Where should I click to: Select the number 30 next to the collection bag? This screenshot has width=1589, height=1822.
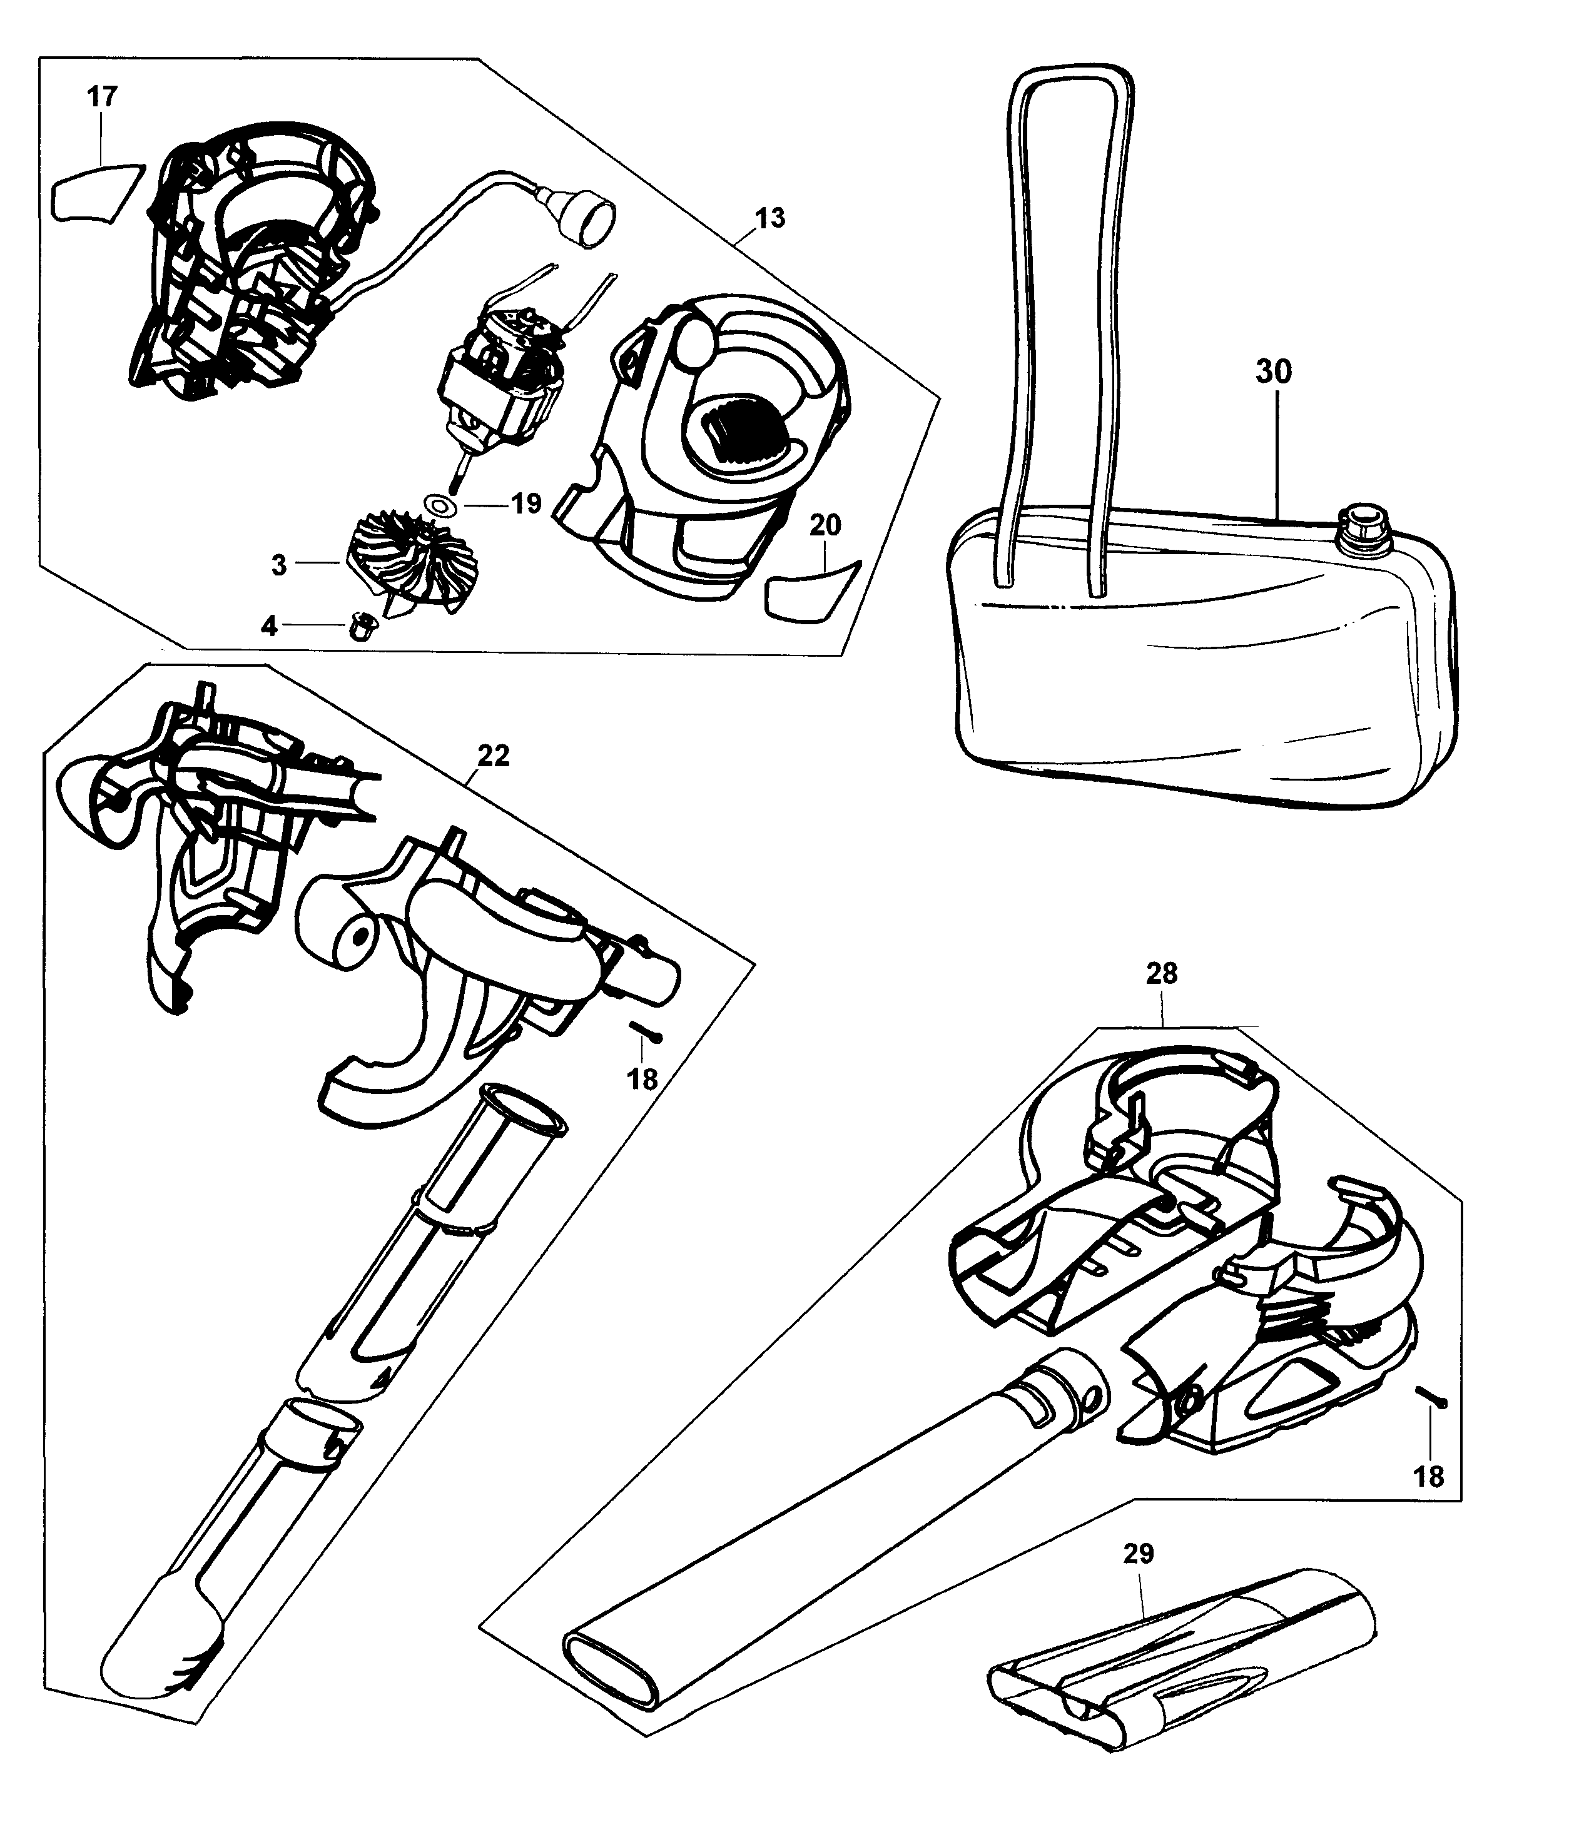click(x=1273, y=372)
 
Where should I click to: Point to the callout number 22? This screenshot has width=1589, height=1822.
click(x=493, y=756)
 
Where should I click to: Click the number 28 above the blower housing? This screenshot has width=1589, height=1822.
click(x=1162, y=973)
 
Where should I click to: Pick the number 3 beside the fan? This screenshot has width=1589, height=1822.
click(x=279, y=565)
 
